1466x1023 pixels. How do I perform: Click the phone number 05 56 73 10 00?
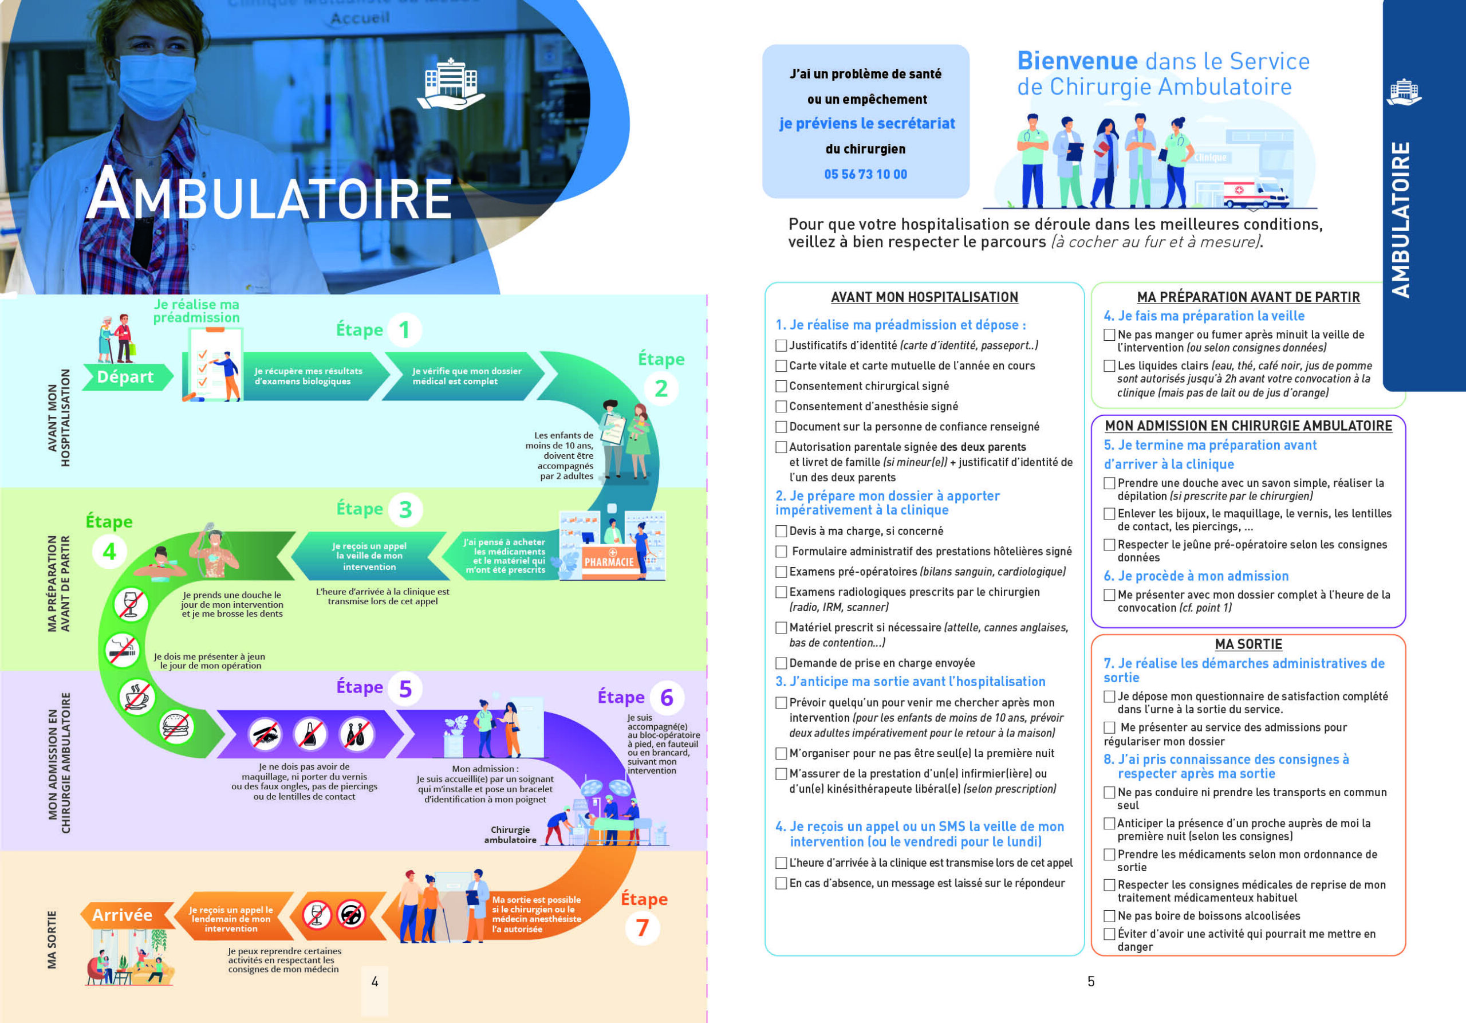coord(865,174)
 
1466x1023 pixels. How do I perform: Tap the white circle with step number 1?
coord(404,330)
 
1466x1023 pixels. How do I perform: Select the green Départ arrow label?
coord(126,377)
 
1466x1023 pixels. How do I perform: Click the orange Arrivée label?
coord(123,915)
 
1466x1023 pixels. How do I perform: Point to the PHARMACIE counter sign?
coord(609,562)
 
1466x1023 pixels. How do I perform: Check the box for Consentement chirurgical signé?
coord(781,386)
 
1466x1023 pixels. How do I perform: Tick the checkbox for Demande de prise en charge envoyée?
coord(781,663)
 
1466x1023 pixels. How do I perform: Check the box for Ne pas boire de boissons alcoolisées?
coord(1110,916)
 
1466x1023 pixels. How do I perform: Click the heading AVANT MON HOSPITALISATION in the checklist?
coord(924,297)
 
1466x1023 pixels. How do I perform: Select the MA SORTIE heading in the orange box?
coord(1248,644)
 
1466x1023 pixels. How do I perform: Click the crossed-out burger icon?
coord(177,727)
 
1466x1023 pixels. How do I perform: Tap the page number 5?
coord(1091,982)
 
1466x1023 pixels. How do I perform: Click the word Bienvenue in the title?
coord(1077,61)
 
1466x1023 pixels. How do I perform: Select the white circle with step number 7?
coord(643,928)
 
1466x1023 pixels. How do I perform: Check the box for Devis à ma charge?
coord(781,532)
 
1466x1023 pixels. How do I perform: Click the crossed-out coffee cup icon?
coord(137,696)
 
